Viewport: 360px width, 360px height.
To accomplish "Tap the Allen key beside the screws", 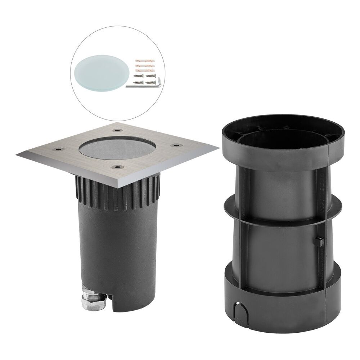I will (144, 85).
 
